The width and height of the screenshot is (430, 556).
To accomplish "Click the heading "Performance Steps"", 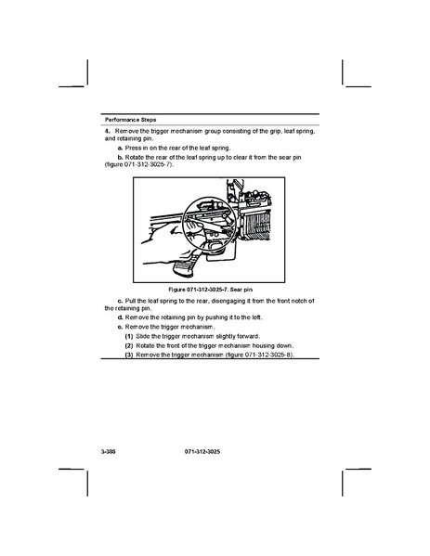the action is (131, 120).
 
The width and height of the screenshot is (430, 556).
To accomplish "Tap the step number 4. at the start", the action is (108, 131).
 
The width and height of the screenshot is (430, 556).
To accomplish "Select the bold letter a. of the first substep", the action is (121, 148).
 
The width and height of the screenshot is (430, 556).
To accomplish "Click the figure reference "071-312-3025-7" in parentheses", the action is (148, 165).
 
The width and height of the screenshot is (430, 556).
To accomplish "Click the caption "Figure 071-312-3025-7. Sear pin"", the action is (211, 290).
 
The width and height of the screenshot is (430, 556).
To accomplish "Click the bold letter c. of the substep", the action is (121, 301).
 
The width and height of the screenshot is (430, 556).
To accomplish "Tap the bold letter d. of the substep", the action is (121, 317).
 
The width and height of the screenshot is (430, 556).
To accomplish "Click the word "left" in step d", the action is (257, 317).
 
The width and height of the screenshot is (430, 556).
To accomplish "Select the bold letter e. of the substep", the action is (121, 327).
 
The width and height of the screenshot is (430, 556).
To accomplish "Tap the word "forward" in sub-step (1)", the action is (248, 336).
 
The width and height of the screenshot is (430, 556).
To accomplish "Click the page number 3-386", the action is (109, 452).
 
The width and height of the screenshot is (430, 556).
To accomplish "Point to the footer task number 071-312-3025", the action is (202, 452).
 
